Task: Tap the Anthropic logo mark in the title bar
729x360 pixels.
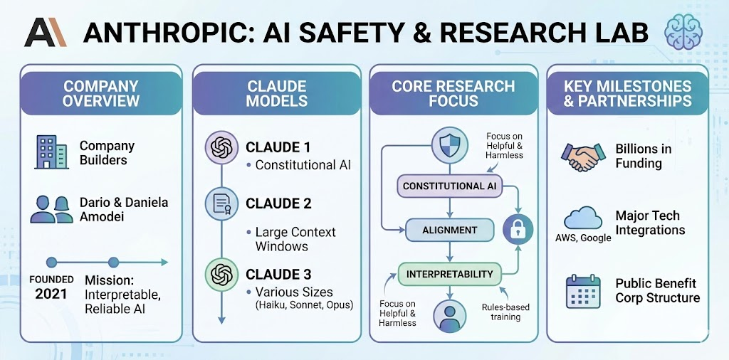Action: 45,32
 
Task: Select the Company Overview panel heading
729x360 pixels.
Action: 100,93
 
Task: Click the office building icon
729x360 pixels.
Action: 51,152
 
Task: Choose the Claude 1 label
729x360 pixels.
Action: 278,148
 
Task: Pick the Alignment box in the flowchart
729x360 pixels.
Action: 450,231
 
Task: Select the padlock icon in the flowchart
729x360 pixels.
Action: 518,228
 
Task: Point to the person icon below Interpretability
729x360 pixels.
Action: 449,314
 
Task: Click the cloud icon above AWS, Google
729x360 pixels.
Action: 583,217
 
